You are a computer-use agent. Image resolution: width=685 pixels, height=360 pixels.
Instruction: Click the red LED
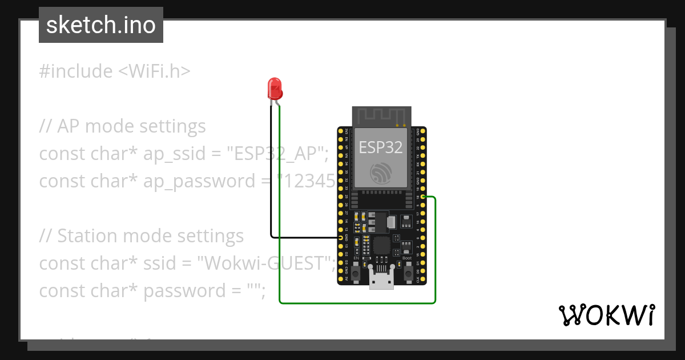pos(275,89)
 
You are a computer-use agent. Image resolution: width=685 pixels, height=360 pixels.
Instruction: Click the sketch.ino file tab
pos(101,25)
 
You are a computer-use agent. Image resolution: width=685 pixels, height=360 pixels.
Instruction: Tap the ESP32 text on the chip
pos(381,147)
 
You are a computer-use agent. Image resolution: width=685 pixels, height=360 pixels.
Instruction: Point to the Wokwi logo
pos(606,315)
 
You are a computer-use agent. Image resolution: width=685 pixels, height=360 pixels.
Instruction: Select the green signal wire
pos(357,303)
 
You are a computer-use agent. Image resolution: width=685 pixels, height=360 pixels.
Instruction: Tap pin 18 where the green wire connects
pos(422,197)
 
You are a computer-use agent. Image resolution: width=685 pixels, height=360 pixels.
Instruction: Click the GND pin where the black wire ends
pos(341,237)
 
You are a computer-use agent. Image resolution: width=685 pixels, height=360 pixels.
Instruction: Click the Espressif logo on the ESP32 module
pos(381,172)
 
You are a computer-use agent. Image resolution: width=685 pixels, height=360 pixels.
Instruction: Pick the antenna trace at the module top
pos(381,117)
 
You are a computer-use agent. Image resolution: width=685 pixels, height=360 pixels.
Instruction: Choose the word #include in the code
pos(76,71)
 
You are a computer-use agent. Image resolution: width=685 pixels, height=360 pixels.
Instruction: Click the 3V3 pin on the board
pos(341,131)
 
